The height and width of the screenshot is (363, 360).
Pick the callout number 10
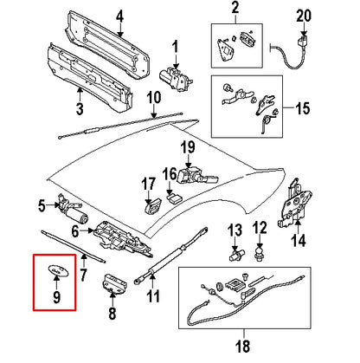point(152,97)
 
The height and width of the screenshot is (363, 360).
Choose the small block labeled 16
point(173,198)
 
